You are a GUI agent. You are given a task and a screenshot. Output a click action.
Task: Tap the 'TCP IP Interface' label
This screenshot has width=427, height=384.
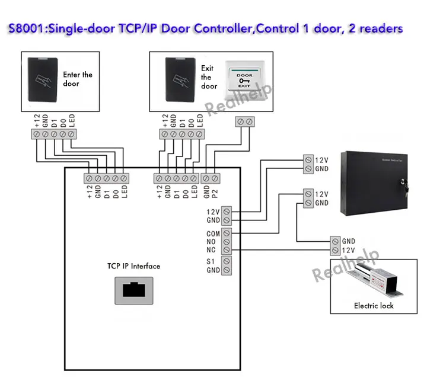coord(133,266)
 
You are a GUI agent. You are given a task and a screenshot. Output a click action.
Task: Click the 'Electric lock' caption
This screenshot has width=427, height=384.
coord(374,306)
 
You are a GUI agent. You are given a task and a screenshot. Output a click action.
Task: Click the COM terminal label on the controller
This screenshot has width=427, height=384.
coord(213,233)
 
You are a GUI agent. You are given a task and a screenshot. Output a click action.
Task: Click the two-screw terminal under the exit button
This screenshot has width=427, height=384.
coord(245,122)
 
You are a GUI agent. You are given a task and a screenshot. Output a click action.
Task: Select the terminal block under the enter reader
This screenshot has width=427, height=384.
coord(54,135)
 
